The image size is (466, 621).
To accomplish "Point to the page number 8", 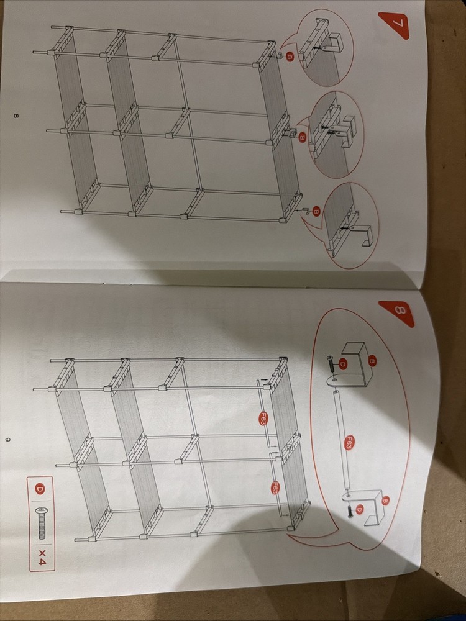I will pyautogui.click(x=16, y=116).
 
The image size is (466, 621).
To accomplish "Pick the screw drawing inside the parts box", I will pyautogui.click(x=41, y=522).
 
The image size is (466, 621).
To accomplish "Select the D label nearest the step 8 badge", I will pyautogui.click(x=342, y=363).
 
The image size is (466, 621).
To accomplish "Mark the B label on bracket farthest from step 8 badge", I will pyautogui.click(x=385, y=500).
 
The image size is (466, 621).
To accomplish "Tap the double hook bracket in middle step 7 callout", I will pyautogui.click(x=345, y=129).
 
